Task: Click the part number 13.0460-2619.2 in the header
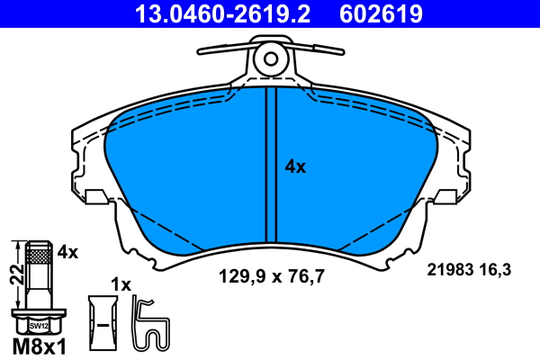tap(223, 13)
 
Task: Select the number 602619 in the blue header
tap(381, 13)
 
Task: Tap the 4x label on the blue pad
tap(295, 167)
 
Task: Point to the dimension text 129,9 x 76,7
tap(272, 276)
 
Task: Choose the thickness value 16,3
tap(495, 270)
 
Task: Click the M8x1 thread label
tap(39, 346)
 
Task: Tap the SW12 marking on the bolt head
tap(39, 326)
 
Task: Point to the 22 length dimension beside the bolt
tap(16, 274)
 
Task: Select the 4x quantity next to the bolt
tap(67, 253)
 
